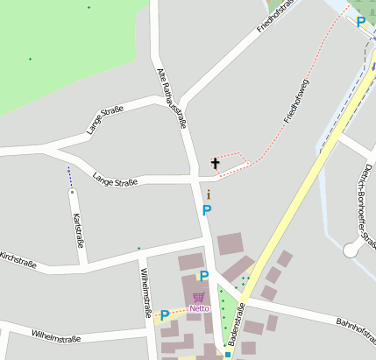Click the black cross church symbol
pyautogui.click(x=216, y=163)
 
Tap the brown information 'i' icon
pyautogui.click(x=208, y=194)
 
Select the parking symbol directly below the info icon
pyautogui.click(x=207, y=210)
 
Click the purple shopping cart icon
pyautogui.click(x=199, y=297)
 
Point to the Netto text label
pyautogui.click(x=199, y=308)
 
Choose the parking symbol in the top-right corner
pyautogui.click(x=361, y=22)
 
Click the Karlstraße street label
pyautogui.click(x=77, y=229)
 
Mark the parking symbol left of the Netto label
pyautogui.click(x=164, y=315)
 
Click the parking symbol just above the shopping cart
pyautogui.click(x=203, y=277)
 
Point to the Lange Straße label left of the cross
pyautogui.click(x=115, y=181)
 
